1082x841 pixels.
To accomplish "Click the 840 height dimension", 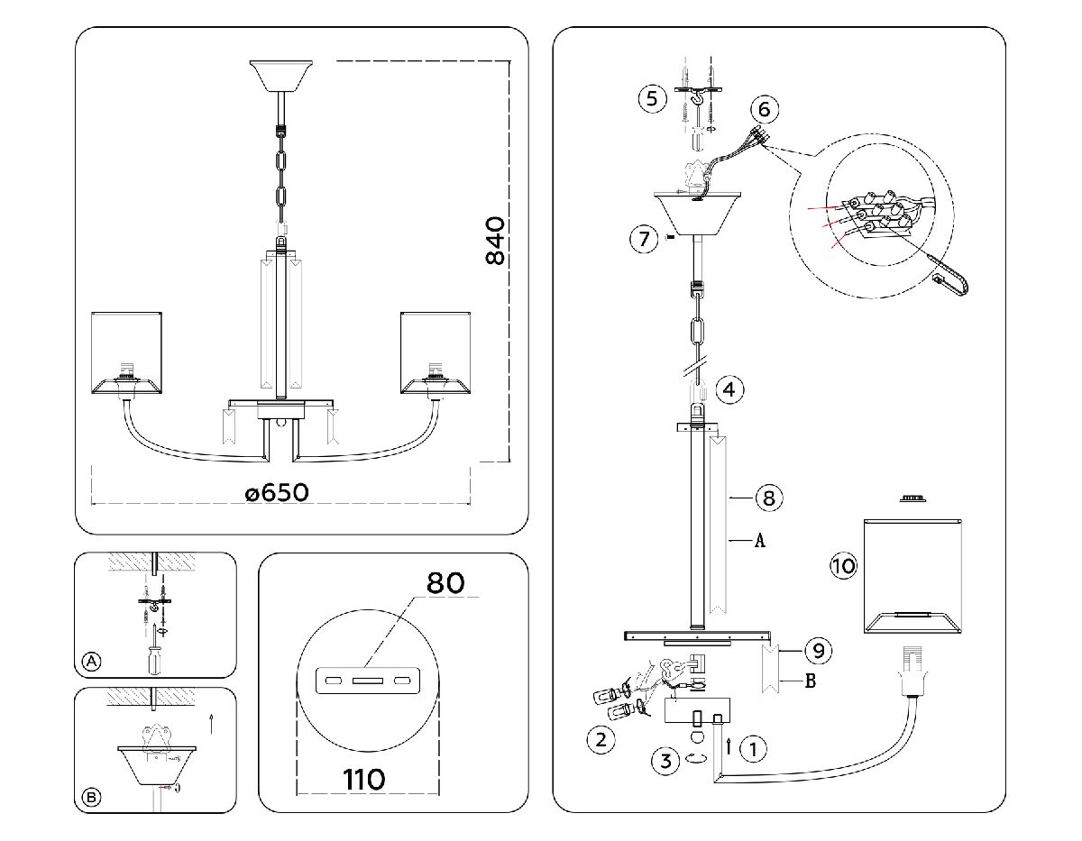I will click(x=495, y=241).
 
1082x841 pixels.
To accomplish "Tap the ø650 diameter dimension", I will click(x=277, y=493).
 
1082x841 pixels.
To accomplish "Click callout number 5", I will click(x=652, y=97).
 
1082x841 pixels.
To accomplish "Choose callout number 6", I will click(x=764, y=110).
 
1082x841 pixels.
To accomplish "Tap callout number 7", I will click(x=643, y=239).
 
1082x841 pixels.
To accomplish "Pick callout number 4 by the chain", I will click(x=729, y=389).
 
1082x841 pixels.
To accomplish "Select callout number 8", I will click(x=768, y=497).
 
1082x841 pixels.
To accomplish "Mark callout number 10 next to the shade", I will click(x=843, y=566).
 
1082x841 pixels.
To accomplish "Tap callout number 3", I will click(x=665, y=760).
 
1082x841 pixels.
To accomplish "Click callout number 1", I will click(x=754, y=747).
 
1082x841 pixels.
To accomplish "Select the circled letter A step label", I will click(x=91, y=662).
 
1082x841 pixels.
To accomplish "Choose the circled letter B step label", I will click(x=91, y=797).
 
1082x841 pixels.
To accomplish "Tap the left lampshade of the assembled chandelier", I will click(x=128, y=352).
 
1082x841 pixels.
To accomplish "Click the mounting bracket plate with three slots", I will click(x=366, y=681).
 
